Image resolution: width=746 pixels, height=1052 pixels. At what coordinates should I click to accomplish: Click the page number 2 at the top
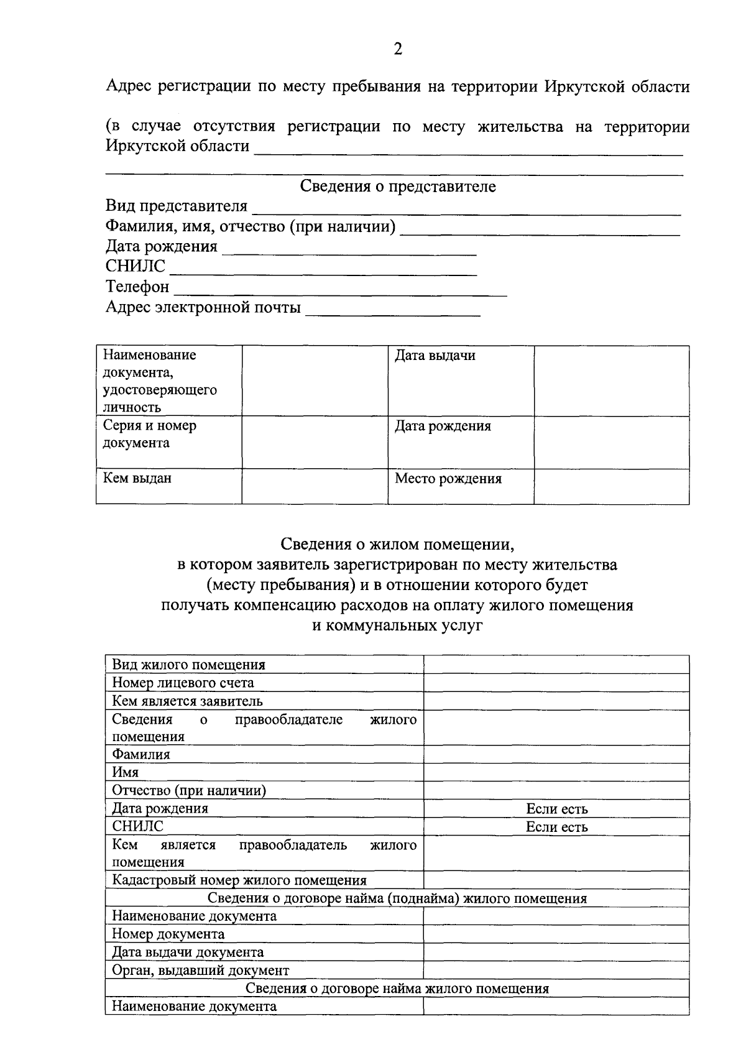398,49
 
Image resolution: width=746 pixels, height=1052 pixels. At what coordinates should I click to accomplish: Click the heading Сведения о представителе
398,187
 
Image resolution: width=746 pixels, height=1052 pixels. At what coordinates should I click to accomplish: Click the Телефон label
137,287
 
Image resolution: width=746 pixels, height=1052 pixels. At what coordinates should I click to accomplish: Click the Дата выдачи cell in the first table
435,356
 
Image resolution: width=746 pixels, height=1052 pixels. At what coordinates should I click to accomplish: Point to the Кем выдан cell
137,479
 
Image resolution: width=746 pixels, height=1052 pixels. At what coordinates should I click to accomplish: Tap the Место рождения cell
448,479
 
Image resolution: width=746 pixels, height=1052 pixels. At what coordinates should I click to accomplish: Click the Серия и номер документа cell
149,435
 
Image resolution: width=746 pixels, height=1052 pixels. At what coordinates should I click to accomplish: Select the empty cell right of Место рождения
611,486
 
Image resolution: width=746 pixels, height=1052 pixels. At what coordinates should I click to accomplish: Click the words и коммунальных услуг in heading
397,626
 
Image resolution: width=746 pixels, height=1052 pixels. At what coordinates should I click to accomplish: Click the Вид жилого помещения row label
188,665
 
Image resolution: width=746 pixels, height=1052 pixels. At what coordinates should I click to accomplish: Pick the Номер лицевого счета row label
183,683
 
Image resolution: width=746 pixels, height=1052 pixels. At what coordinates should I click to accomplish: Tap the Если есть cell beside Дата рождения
556,809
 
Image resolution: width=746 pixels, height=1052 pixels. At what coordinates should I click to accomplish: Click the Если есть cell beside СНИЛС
556,827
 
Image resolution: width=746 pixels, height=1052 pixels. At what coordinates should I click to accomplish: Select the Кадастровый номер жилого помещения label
239,880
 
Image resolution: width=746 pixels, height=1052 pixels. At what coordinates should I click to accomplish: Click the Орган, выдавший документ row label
200,970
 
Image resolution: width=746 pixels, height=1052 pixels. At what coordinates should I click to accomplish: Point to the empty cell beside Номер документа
556,934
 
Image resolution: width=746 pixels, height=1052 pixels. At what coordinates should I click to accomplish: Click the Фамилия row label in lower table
141,755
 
